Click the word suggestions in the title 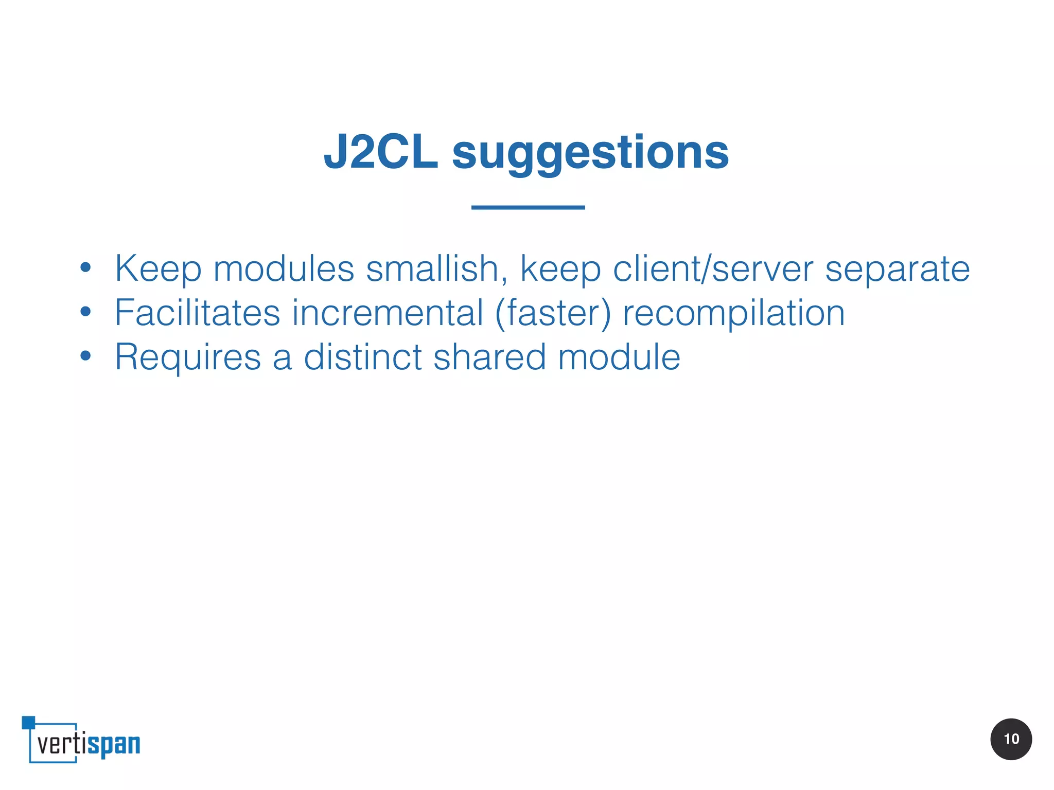click(590, 153)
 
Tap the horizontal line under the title click(528, 207)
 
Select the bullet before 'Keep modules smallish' click(85, 267)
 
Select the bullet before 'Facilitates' click(85, 312)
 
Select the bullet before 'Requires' click(85, 356)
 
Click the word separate click(897, 270)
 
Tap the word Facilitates click(197, 313)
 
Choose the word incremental click(388, 313)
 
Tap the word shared click(489, 357)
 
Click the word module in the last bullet click(619, 357)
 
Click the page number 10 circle click(1011, 739)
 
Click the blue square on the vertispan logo click(28, 722)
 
